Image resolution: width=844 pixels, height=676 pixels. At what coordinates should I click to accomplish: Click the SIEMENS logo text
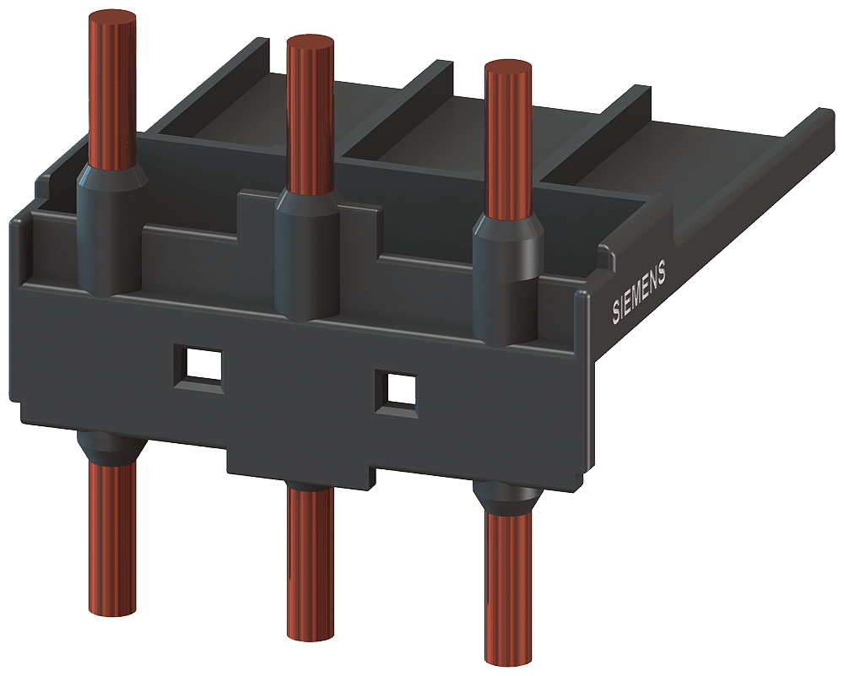point(639,292)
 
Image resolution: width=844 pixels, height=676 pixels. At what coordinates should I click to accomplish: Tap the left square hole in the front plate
point(197,365)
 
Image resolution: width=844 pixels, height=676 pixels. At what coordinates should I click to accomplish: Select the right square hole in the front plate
point(397,390)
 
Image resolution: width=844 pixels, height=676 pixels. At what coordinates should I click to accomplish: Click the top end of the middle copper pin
point(311,44)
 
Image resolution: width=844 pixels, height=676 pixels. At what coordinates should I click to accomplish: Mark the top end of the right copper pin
point(509,68)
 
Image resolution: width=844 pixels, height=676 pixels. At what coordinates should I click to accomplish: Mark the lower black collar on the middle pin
point(308,484)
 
